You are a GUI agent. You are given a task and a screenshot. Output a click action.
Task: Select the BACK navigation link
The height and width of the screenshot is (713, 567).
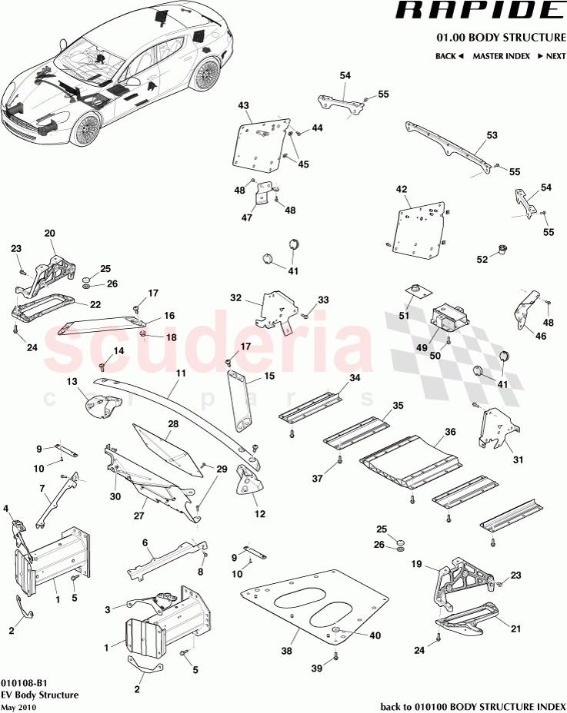(x=449, y=56)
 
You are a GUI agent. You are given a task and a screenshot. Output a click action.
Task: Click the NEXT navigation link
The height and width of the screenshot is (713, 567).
(x=550, y=56)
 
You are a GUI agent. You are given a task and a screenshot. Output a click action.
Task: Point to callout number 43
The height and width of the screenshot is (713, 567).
(x=244, y=105)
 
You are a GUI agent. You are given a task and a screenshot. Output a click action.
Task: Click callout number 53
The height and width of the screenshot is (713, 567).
(x=492, y=135)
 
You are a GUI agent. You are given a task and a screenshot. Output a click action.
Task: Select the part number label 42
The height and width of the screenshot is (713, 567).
(x=402, y=189)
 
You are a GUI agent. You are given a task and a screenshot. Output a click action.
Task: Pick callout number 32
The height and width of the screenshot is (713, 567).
(x=236, y=297)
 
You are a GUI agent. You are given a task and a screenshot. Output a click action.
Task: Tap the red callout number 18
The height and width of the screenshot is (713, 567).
(x=171, y=337)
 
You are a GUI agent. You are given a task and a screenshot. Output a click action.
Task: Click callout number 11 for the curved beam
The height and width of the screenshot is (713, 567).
(x=182, y=373)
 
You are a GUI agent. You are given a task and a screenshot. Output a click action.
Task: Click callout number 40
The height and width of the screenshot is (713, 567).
(x=375, y=635)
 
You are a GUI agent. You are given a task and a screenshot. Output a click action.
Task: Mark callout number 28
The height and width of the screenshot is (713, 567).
(x=173, y=424)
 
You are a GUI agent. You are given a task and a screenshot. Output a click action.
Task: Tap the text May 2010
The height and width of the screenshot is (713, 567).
(x=18, y=707)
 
